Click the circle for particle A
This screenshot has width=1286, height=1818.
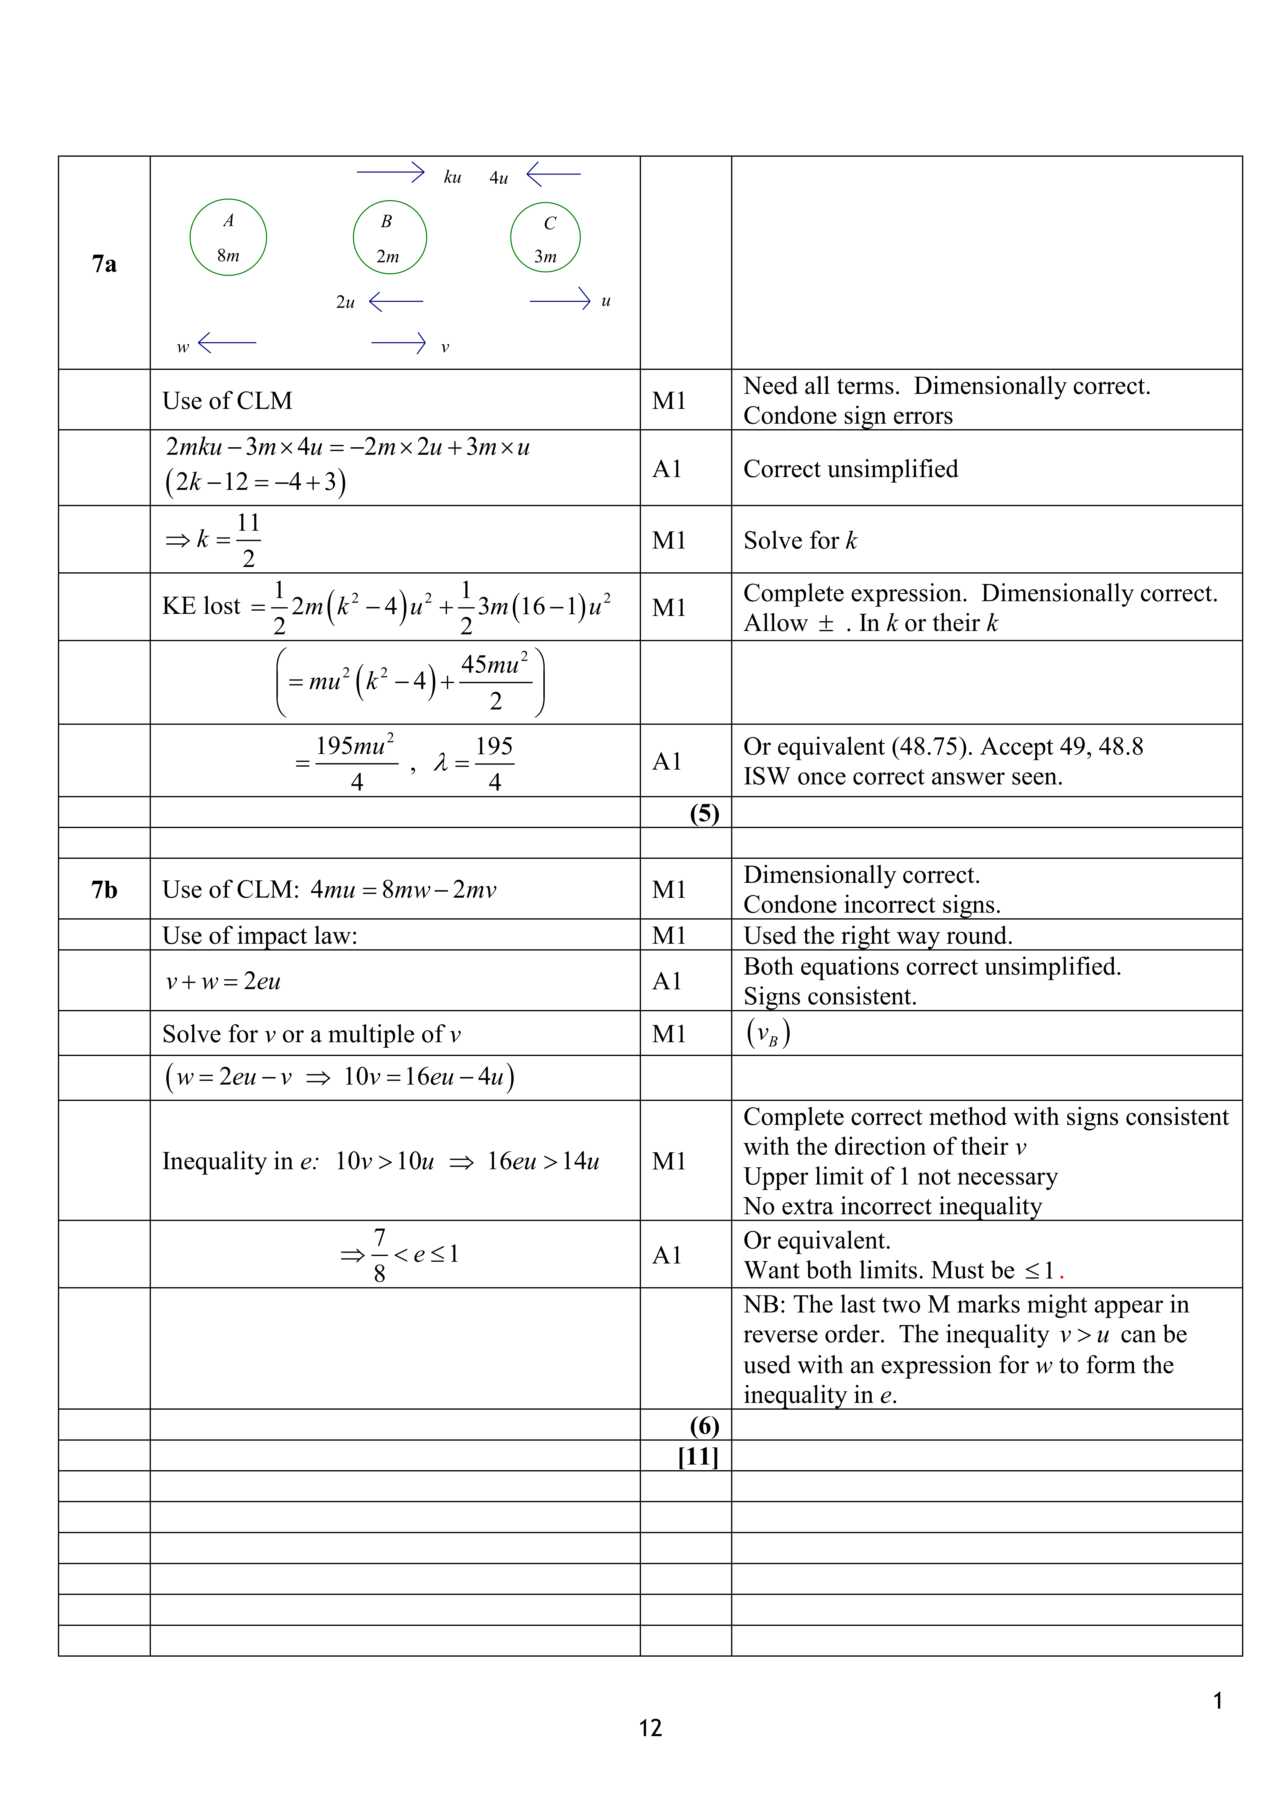pos(228,237)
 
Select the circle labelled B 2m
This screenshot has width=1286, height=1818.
pos(390,237)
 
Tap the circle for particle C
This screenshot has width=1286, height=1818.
pos(546,237)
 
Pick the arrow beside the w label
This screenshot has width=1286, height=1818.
pos(227,343)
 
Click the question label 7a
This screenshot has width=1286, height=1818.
pos(104,264)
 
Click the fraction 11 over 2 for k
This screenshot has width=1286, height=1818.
pos(248,540)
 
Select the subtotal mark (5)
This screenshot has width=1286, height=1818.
pos(704,813)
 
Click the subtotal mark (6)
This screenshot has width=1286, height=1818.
pos(704,1426)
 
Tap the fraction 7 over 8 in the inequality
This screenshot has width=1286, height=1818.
pos(379,1255)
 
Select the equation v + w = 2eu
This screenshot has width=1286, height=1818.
pos(223,982)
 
